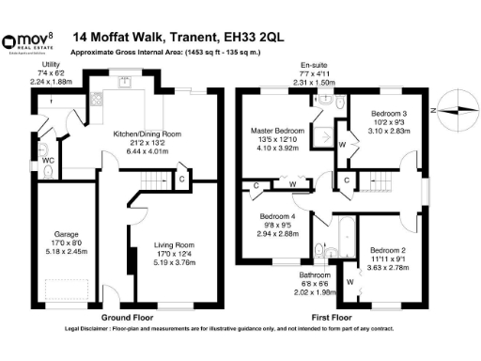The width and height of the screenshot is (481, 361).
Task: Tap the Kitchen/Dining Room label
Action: (x=146, y=134)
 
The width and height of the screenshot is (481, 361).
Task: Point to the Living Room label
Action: (x=173, y=245)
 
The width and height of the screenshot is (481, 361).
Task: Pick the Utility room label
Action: (x=49, y=64)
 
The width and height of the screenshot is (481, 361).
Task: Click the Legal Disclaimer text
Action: (x=240, y=329)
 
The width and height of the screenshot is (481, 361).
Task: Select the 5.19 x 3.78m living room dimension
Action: (x=173, y=264)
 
